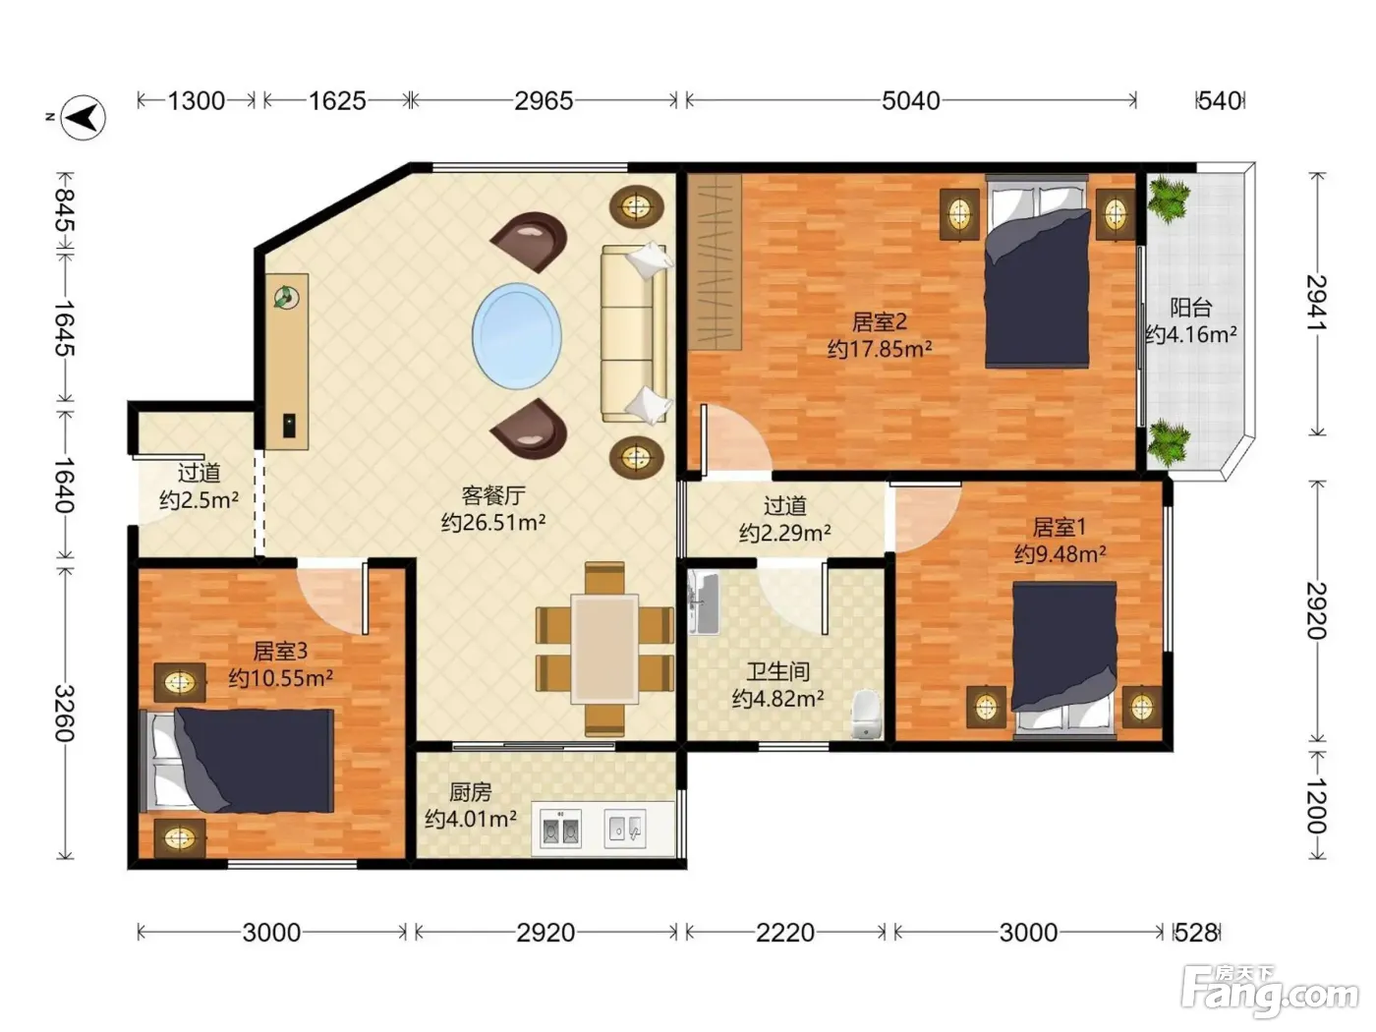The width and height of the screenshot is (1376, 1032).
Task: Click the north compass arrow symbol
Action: pos(83,117)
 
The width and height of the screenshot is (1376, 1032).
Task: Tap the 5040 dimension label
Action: pos(910,101)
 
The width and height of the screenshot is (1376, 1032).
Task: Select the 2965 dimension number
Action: pos(544,101)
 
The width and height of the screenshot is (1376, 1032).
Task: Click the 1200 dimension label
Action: pos(1316,806)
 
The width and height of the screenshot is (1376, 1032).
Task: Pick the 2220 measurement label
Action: pos(785,933)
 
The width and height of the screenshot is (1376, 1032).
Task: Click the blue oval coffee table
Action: pos(517,336)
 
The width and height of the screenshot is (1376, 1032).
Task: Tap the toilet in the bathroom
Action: pos(867,715)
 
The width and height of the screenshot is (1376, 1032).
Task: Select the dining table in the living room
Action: pos(604,649)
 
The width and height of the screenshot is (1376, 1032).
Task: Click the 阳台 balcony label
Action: pos(1190,308)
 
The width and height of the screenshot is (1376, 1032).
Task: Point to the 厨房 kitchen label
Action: pos(470,792)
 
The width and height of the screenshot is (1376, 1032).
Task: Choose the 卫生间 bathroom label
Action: pos(778,671)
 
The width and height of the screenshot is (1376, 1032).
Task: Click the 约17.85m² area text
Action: pos(879,348)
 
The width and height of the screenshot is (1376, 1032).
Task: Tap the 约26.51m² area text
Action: pos(492,522)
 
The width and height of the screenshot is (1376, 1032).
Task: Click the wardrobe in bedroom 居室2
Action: pos(715,261)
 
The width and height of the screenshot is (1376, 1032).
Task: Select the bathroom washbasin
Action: pos(704,602)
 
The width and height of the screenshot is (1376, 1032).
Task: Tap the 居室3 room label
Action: pos(280,652)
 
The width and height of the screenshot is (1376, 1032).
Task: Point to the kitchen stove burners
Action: pos(560,829)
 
